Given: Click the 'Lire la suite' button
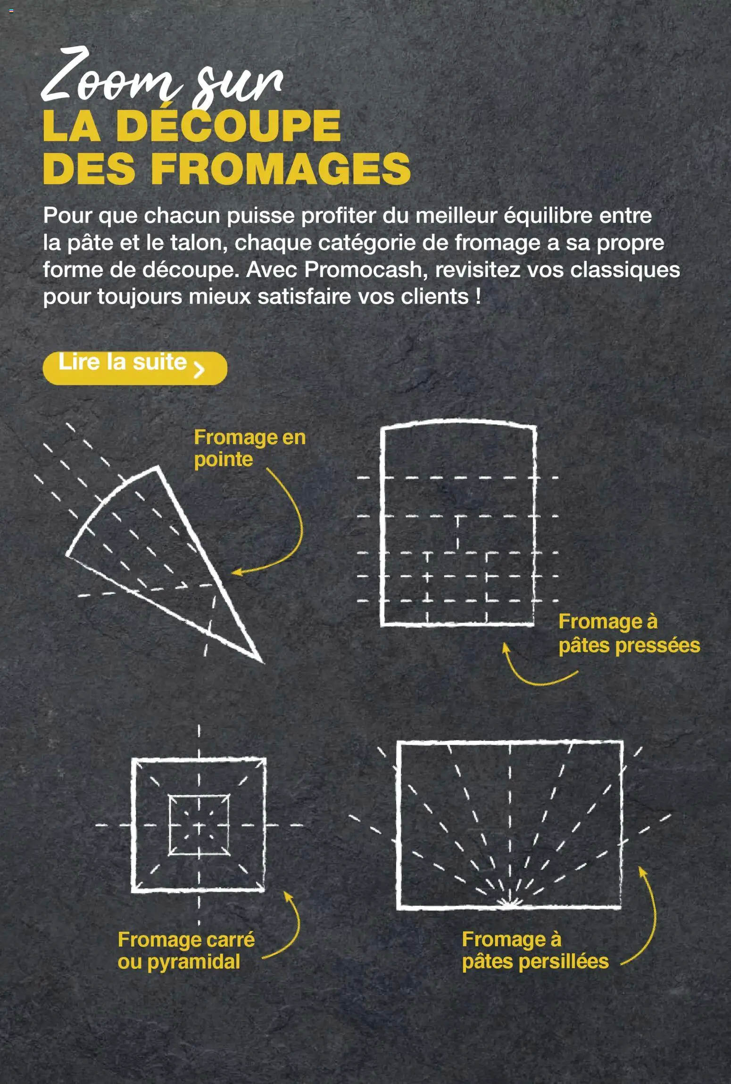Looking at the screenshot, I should click(x=134, y=368).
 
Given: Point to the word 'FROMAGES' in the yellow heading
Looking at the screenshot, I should click(x=281, y=169).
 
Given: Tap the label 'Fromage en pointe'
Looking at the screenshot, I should click(x=249, y=448).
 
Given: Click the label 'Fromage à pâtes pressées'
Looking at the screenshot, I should click(x=628, y=633).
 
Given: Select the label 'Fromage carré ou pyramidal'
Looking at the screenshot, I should click(x=186, y=950).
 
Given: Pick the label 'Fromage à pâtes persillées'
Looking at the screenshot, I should click(x=535, y=950).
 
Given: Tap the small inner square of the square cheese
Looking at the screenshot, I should click(x=199, y=825).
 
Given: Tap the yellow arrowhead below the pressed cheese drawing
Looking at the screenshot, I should click(x=505, y=647).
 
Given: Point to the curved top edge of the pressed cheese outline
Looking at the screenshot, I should click(x=457, y=421).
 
